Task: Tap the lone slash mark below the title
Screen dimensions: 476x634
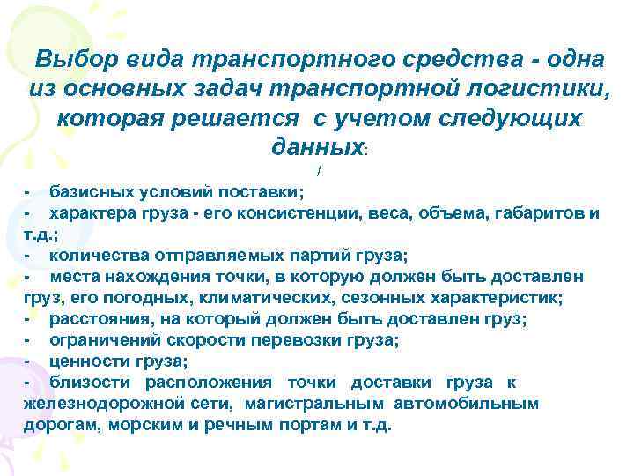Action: click(317, 169)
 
